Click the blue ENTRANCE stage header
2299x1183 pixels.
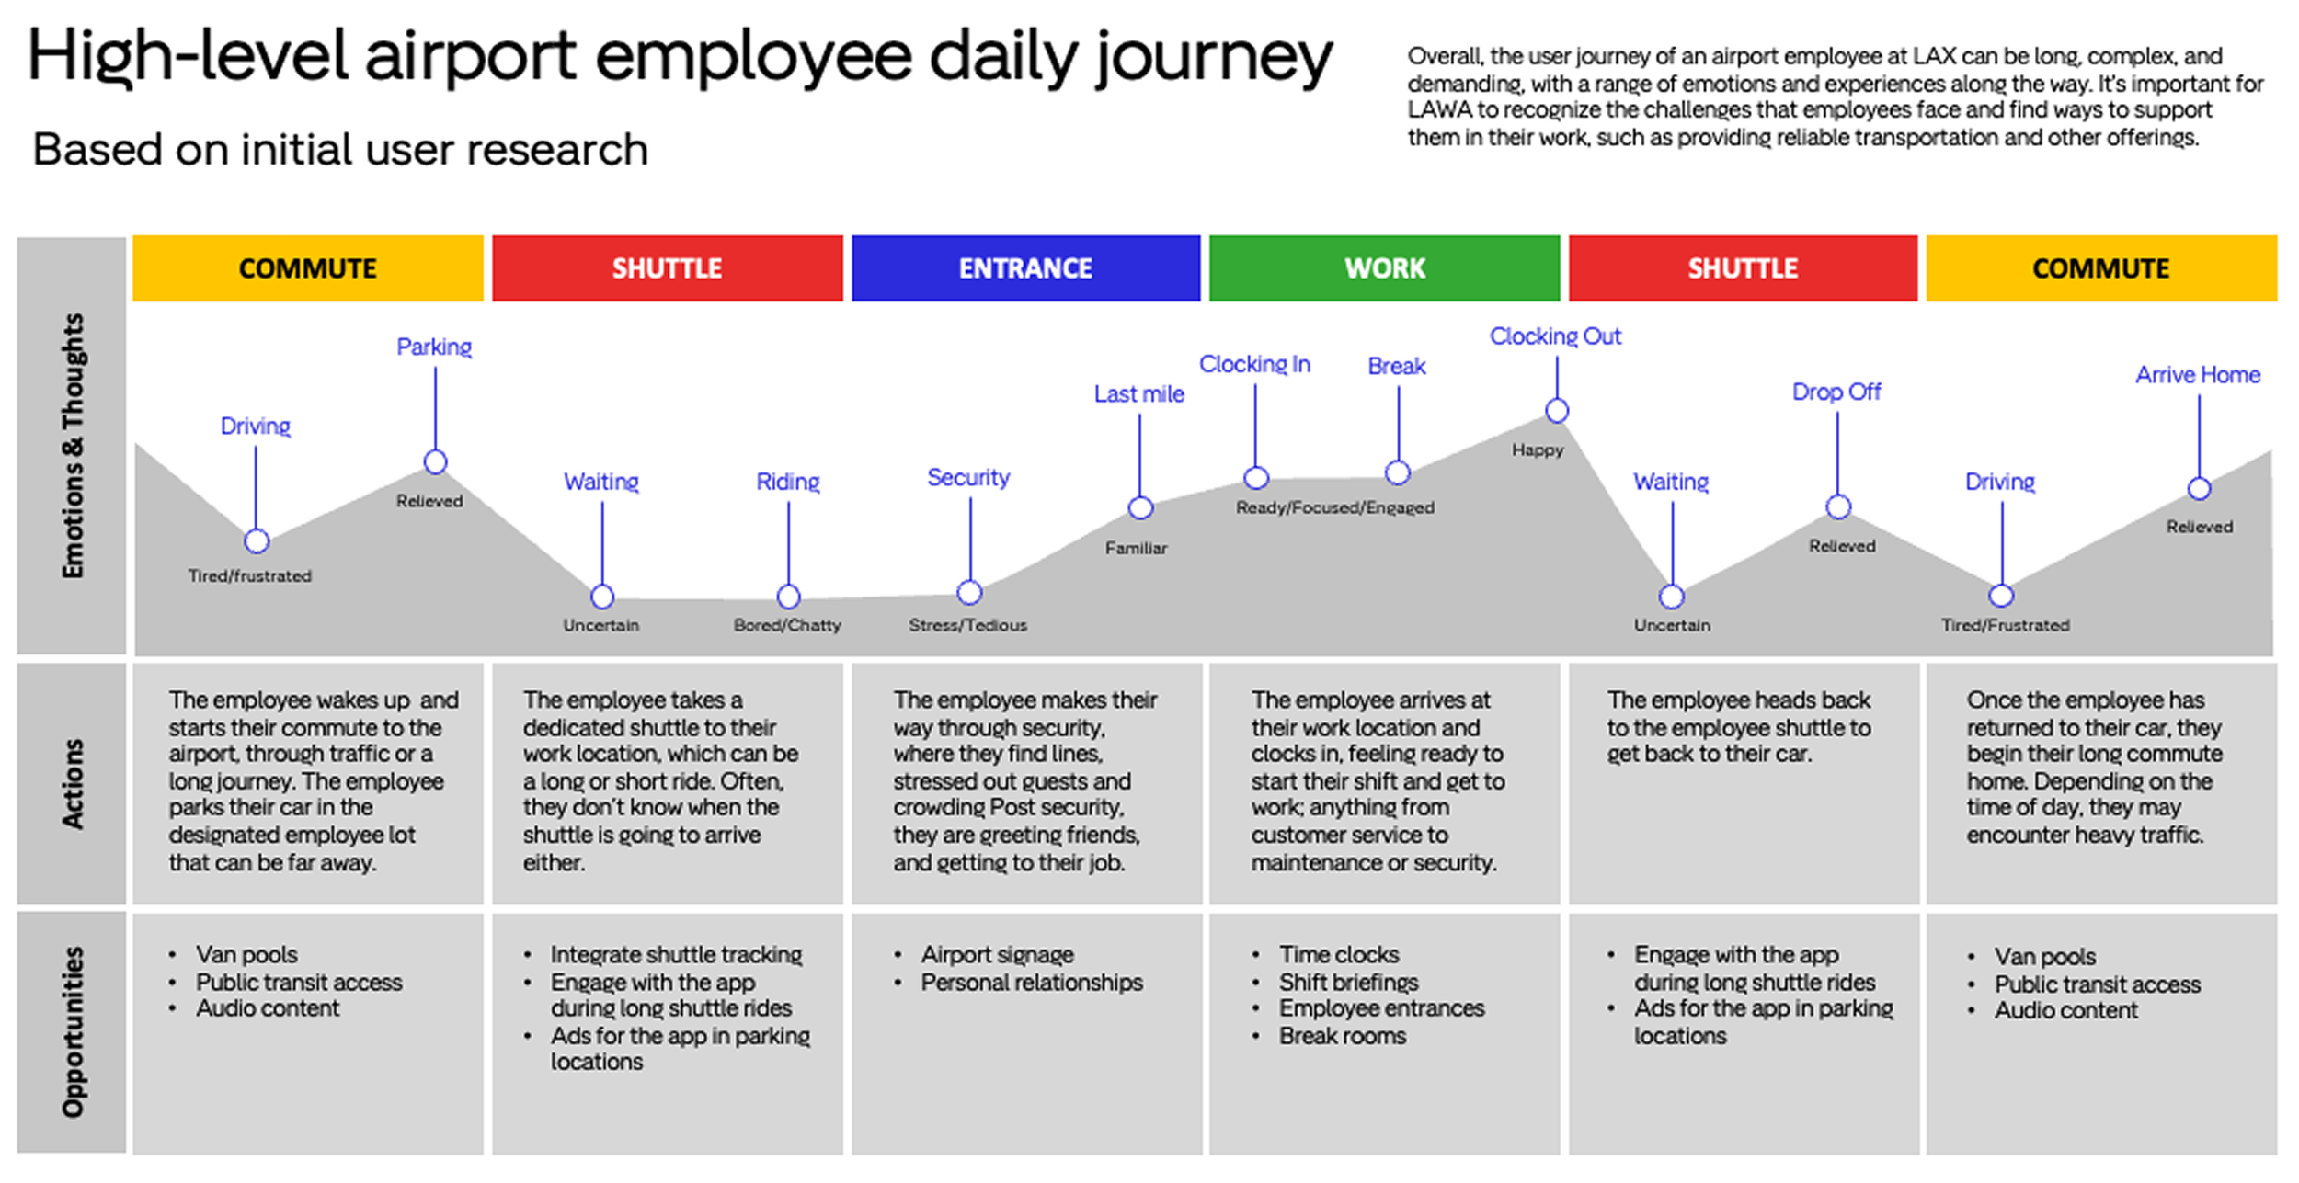(1025, 268)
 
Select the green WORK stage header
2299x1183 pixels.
(1384, 268)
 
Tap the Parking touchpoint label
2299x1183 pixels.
(434, 347)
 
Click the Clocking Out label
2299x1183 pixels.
(1555, 336)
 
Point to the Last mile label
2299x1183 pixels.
(1138, 394)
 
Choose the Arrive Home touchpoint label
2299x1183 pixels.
(2197, 375)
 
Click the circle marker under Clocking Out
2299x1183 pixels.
(1556, 411)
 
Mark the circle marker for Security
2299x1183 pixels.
(969, 593)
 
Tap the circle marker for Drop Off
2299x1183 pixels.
(1837, 506)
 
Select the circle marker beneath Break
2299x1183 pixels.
(1397, 472)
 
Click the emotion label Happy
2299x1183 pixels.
(1537, 450)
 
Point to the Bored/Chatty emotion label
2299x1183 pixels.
(787, 625)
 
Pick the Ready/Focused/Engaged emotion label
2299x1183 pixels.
(1334, 507)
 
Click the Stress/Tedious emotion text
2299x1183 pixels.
(967, 625)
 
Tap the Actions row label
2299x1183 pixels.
(72, 783)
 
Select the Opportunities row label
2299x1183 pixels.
(72, 1031)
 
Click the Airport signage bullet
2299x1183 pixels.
(997, 954)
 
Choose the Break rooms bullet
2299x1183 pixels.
(1342, 1036)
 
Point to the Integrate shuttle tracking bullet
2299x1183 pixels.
(676, 954)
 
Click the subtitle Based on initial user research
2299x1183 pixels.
(340, 150)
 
